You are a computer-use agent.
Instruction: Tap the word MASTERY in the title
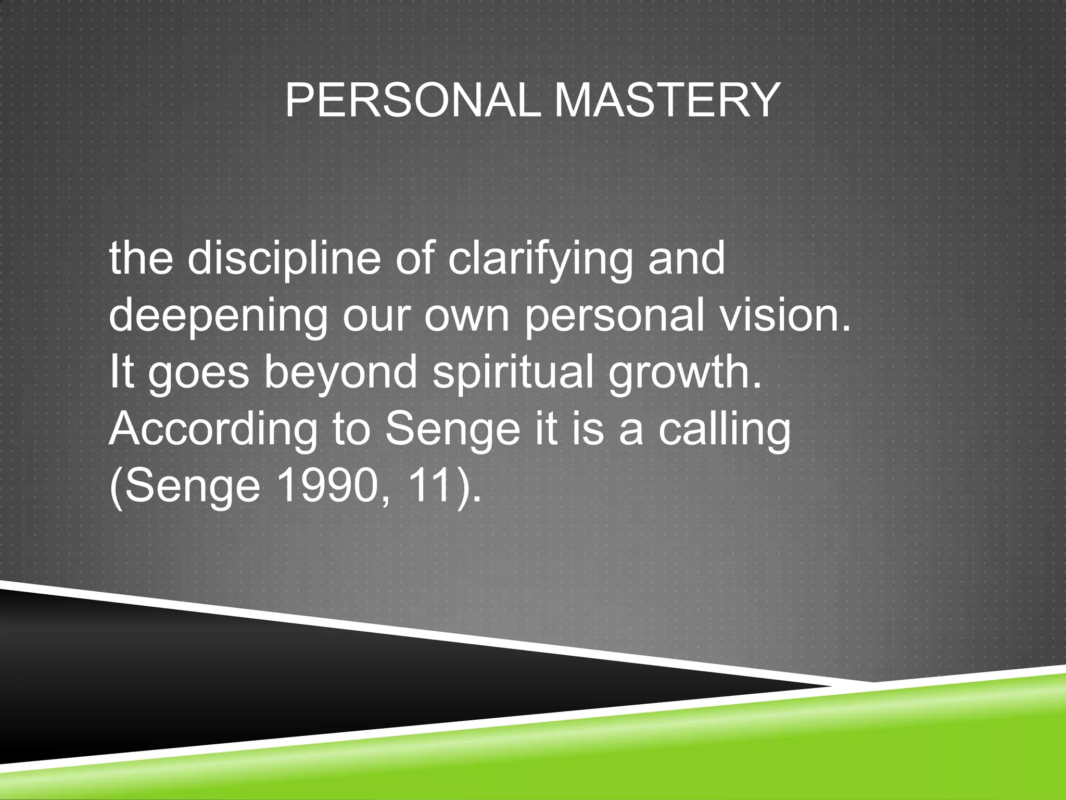pos(667,101)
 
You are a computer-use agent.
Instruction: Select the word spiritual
pos(513,373)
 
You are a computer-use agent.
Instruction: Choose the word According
pos(213,430)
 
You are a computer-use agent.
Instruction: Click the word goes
pos(199,374)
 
